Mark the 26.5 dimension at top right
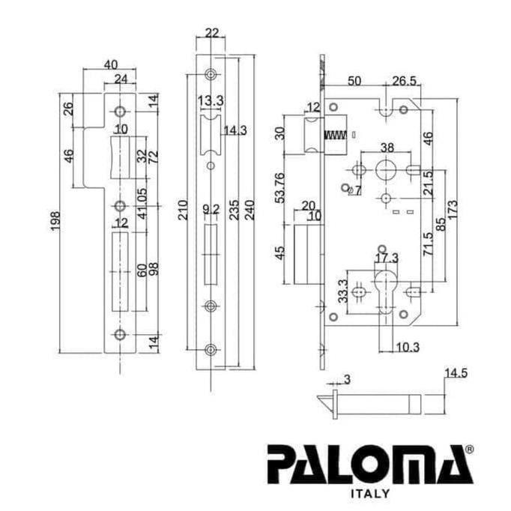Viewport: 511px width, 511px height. (x=404, y=81)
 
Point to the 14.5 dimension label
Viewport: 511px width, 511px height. (x=456, y=372)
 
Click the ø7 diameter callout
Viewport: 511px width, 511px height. (x=355, y=190)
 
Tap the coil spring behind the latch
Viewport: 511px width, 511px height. (x=333, y=137)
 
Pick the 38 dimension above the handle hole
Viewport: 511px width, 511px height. (x=387, y=147)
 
